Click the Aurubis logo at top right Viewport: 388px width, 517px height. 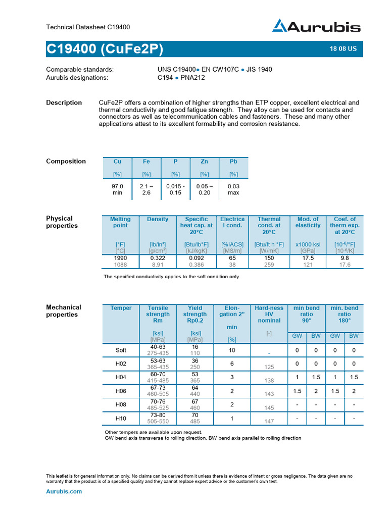click(x=317, y=26)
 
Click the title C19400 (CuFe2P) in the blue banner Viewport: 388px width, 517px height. click(x=105, y=49)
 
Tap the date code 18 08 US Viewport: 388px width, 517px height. click(x=343, y=49)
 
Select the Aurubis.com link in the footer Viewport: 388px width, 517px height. click(x=64, y=491)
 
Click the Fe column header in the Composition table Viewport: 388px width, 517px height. click(x=147, y=162)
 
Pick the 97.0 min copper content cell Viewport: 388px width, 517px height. click(x=117, y=189)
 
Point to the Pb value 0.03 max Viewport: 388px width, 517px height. click(x=233, y=189)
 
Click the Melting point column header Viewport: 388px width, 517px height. click(x=120, y=223)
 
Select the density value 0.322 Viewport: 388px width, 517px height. click(x=158, y=257)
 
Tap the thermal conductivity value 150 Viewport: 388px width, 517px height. click(x=269, y=257)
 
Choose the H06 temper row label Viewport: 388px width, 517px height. click(x=121, y=391)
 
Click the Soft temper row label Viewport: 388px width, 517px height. click(x=121, y=350)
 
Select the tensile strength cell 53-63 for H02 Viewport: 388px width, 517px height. click(x=158, y=360)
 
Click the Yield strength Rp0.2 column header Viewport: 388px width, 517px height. click(x=195, y=315)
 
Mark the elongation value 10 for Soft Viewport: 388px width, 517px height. click(x=232, y=350)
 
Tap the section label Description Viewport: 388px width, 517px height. click(x=64, y=102)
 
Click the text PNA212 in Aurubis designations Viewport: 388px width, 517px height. click(x=191, y=77)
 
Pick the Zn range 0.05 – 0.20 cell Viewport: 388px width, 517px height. click(x=204, y=189)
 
